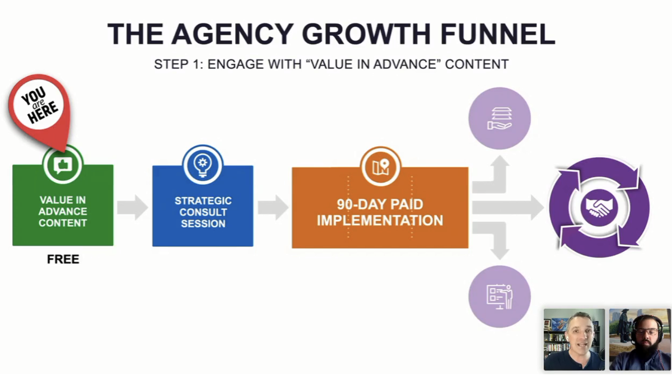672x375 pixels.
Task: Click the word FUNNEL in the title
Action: [x=498, y=34]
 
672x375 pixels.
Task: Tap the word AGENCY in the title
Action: [x=233, y=34]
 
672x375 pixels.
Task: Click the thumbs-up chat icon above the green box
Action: [x=63, y=165]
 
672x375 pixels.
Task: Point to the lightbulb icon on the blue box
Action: [x=203, y=166]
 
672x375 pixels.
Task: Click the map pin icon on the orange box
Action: [x=380, y=167]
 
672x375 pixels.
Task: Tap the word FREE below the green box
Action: [x=63, y=259]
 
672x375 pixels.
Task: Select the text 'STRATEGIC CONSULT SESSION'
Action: [x=203, y=212]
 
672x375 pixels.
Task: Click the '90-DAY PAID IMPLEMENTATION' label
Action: [x=380, y=212]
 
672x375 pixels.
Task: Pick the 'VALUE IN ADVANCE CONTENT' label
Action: [x=63, y=212]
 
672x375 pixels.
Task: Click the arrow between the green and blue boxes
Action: [x=132, y=208]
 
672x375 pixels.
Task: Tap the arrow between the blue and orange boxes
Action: [x=273, y=208]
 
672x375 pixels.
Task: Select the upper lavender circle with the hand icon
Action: [x=500, y=119]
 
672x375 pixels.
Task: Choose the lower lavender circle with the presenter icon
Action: [x=500, y=297]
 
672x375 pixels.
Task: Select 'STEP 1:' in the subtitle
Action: [x=179, y=64]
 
